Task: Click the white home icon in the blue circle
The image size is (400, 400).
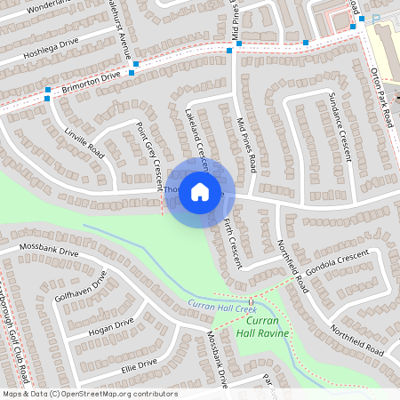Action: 200,191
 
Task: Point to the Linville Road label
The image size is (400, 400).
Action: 85,144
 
